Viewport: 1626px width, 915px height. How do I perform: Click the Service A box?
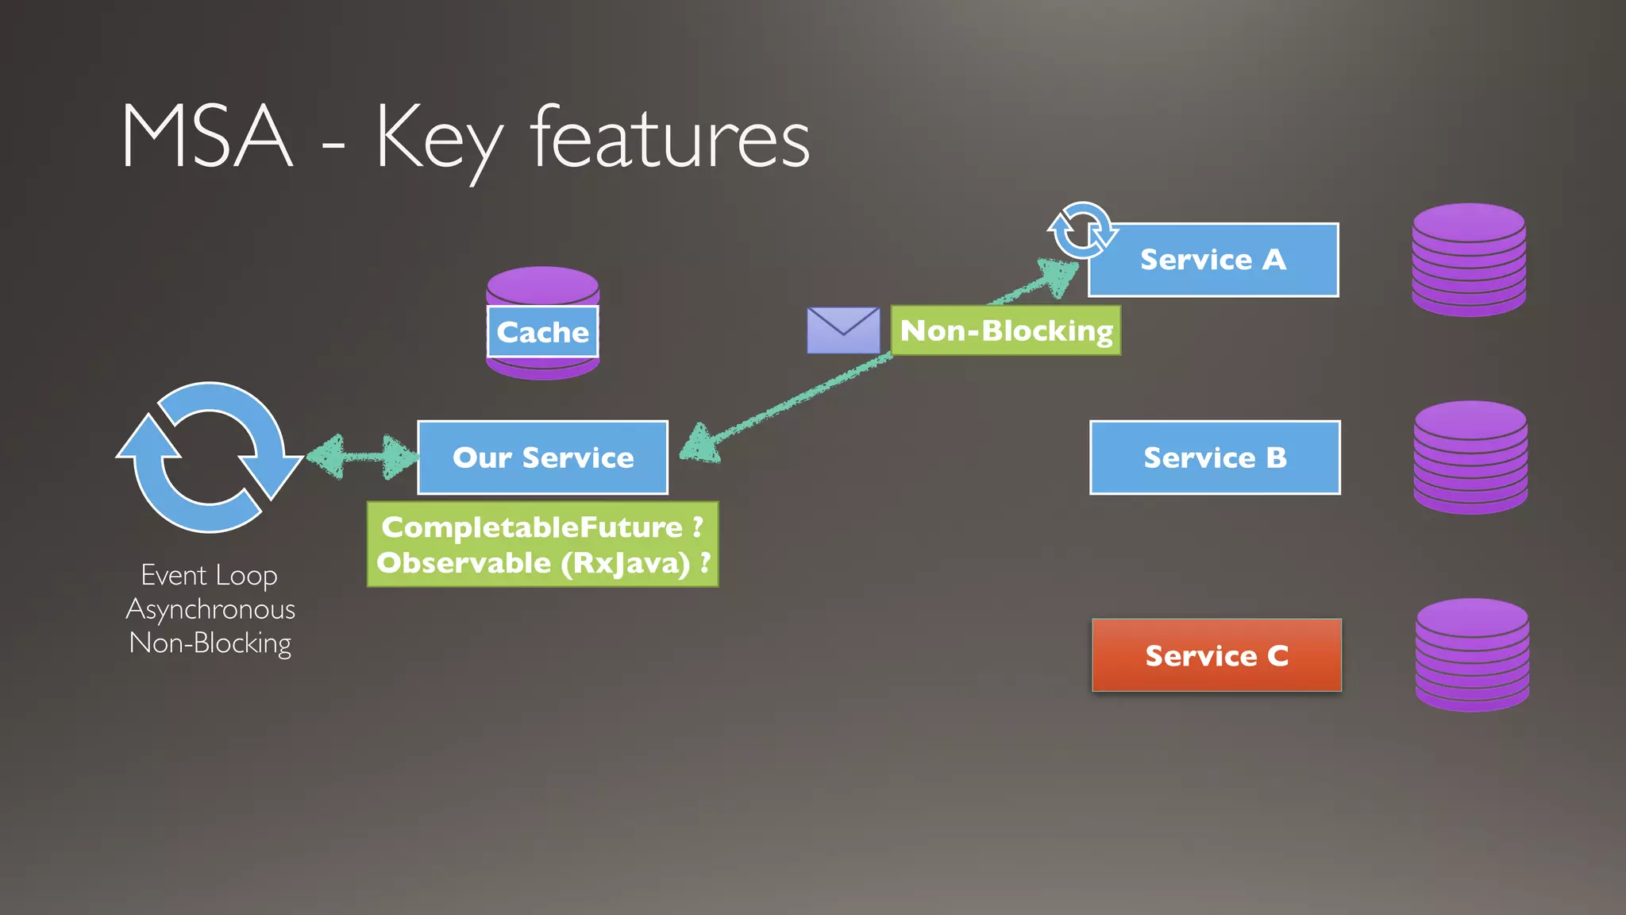1213,261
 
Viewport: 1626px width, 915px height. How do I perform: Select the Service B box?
1215,458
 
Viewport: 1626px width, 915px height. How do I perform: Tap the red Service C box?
1216,656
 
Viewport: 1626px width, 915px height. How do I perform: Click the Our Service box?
543,458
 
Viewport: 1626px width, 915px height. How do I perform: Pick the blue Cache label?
543,332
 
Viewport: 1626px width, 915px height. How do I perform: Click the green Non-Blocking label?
1006,330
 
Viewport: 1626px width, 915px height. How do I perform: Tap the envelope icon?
843,330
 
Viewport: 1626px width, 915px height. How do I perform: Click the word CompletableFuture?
532,527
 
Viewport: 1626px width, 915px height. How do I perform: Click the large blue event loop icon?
209,457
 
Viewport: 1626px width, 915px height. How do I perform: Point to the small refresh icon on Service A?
1081,231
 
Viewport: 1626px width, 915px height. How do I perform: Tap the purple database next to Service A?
1469,261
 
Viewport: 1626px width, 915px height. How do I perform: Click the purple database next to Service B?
1470,458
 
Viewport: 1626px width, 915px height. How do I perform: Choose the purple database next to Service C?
1472,656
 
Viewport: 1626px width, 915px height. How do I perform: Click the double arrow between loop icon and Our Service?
362,457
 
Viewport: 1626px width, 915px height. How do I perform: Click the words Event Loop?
209,575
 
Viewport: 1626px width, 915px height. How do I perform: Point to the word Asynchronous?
210,609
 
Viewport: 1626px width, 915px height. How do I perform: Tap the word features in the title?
669,138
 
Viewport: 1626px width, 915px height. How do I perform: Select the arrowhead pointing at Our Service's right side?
699,446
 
